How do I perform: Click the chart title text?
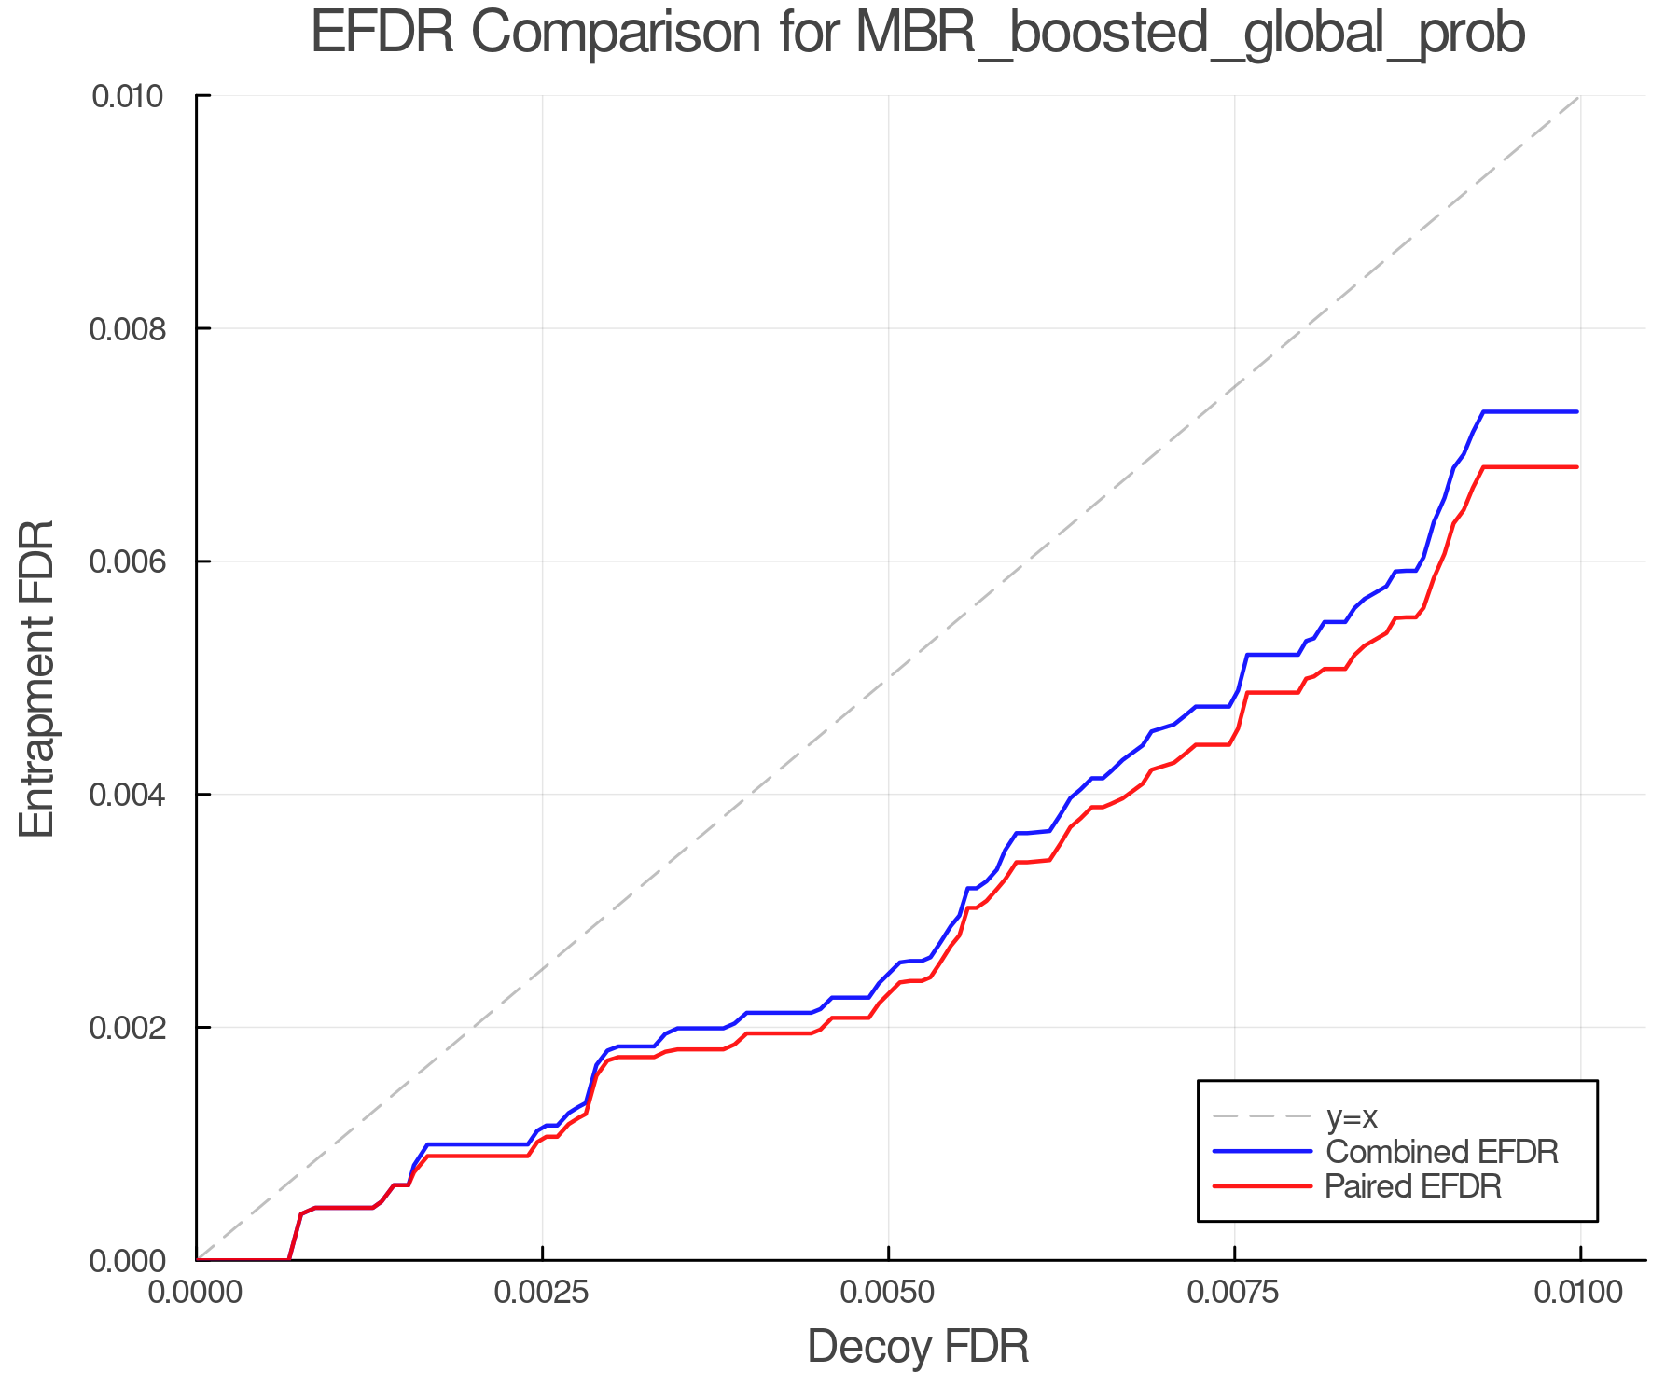tap(917, 34)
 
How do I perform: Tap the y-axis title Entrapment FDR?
tap(38, 679)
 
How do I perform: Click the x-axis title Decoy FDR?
tap(917, 1347)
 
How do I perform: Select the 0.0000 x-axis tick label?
tap(196, 1293)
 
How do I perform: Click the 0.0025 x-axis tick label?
tap(542, 1293)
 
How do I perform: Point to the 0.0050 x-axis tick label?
tap(888, 1293)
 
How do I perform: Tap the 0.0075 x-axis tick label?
tap(1234, 1293)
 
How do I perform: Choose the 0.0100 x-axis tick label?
tap(1579, 1293)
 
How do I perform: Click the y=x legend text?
tap(1352, 1116)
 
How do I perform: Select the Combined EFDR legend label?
tap(1441, 1152)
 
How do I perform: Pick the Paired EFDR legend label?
tap(1413, 1186)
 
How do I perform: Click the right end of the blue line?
tap(1576, 411)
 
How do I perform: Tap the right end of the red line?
tap(1576, 466)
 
